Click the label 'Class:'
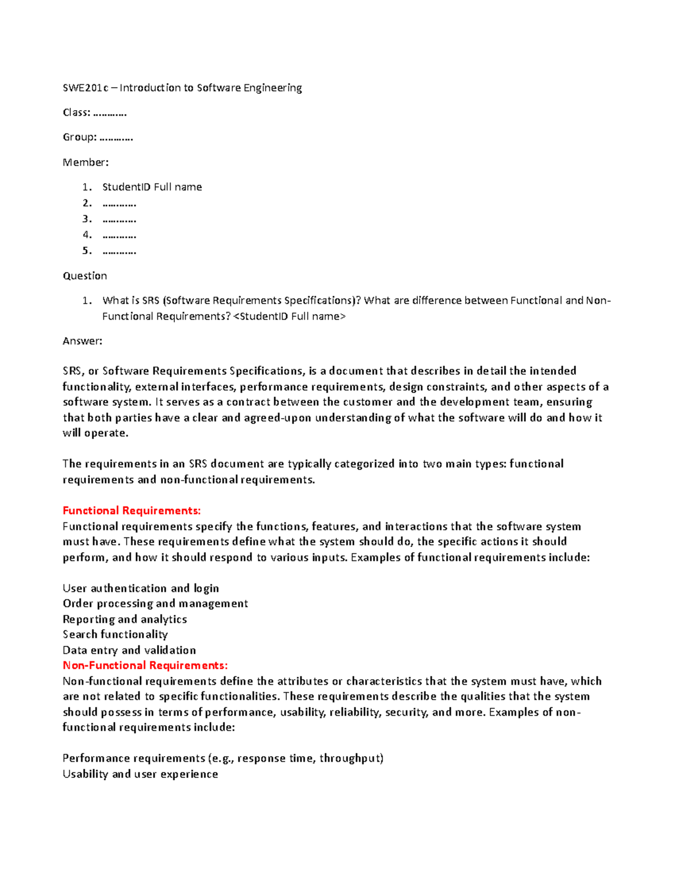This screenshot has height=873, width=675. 76,112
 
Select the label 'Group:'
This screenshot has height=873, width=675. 79,137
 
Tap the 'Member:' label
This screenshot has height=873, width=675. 85,162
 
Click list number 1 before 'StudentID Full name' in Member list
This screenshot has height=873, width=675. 86,187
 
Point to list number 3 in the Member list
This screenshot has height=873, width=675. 86,219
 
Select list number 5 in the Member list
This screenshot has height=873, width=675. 86,251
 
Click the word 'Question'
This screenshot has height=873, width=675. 84,276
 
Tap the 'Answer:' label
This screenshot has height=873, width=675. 82,341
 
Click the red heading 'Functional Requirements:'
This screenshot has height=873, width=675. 132,511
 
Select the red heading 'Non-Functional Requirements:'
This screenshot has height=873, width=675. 145,666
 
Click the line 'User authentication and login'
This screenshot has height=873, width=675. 141,589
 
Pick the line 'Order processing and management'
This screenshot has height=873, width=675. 155,604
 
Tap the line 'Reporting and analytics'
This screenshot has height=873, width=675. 125,619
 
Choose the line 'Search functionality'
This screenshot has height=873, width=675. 115,635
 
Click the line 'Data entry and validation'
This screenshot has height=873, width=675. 129,650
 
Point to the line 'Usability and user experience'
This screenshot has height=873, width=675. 140,774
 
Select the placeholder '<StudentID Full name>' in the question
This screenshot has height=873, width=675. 289,316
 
